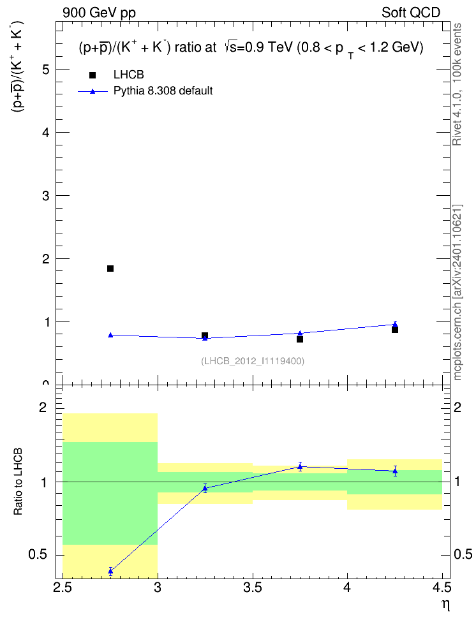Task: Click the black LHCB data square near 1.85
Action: (x=110, y=269)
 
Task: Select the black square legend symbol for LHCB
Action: (x=93, y=75)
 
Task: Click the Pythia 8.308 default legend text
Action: (x=163, y=91)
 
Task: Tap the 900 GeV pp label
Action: (x=99, y=13)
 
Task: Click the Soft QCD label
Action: (x=411, y=13)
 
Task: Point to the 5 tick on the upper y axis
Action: (x=47, y=69)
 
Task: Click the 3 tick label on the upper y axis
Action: (x=47, y=196)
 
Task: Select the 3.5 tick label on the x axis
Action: (x=253, y=587)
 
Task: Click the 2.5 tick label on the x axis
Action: (x=63, y=587)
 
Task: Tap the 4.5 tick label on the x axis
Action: (x=442, y=587)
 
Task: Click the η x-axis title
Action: (x=446, y=605)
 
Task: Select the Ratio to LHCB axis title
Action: (x=18, y=482)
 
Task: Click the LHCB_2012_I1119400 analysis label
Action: (x=253, y=361)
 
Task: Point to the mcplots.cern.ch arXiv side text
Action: (x=457, y=293)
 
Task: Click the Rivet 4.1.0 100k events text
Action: (x=457, y=84)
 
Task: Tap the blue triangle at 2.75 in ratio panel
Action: (x=110, y=571)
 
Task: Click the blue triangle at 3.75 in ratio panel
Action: (x=300, y=466)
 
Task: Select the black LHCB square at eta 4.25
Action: (x=395, y=330)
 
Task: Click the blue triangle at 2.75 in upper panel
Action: (x=110, y=335)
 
